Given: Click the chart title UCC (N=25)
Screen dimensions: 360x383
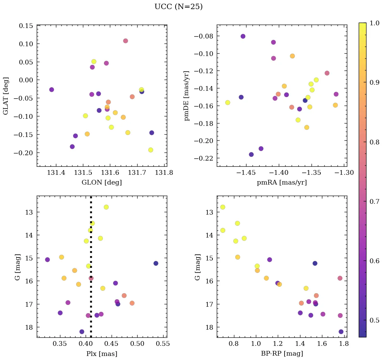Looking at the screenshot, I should click(x=178, y=7).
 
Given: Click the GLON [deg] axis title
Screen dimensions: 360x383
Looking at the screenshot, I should click(x=102, y=183).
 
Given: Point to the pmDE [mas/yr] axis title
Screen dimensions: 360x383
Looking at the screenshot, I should click(x=187, y=95).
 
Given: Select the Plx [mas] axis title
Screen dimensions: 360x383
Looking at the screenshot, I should click(x=102, y=354).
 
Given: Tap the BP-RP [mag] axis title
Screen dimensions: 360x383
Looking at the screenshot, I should click(x=282, y=354).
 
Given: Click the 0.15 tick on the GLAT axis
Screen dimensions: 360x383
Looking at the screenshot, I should click(x=26, y=26).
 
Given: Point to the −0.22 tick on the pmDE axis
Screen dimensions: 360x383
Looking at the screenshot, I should click(x=204, y=158).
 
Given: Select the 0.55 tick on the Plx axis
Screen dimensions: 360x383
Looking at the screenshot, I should click(x=164, y=344).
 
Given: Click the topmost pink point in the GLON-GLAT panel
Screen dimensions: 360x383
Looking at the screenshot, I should click(x=125, y=41).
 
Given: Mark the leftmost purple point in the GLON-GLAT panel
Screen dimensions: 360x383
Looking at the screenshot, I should click(x=52, y=90).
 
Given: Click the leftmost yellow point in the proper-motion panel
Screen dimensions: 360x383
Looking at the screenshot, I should click(x=228, y=103).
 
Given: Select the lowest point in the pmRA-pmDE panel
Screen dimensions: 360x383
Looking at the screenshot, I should click(x=251, y=155).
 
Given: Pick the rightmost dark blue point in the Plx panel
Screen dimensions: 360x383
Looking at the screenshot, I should click(x=156, y=263).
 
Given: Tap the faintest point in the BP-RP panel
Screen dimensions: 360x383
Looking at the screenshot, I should click(x=341, y=332).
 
